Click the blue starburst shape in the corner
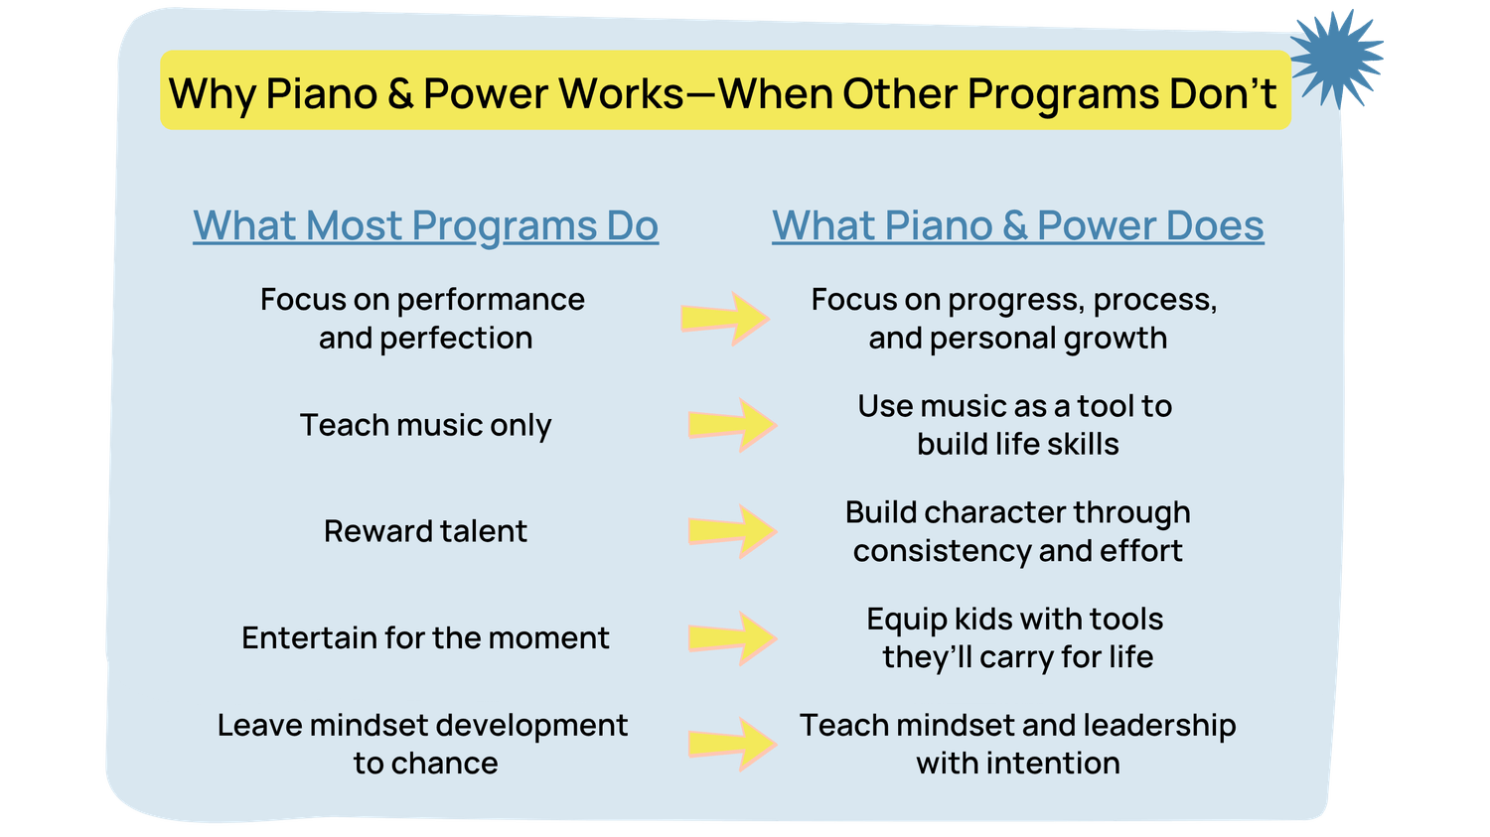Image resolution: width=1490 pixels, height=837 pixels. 1337,59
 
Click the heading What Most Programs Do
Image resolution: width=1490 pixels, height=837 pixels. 426,226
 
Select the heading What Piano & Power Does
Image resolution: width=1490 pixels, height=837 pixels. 1018,226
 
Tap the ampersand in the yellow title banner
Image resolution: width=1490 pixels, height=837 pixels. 400,93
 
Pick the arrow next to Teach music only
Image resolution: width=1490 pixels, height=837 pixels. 732,425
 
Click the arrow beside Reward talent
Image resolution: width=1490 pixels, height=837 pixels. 732,531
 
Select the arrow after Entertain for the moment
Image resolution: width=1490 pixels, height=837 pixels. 732,638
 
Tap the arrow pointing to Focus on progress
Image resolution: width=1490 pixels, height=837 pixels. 725,319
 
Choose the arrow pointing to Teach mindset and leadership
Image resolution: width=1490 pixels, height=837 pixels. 732,744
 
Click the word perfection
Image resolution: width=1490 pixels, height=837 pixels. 456,339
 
